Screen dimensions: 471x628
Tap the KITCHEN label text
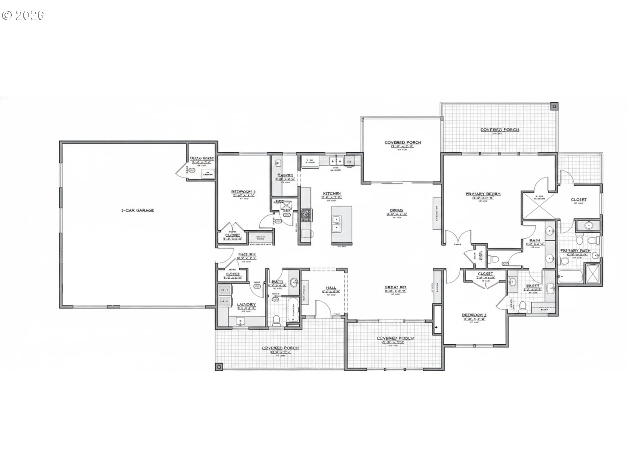(332, 193)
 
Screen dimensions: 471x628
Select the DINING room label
(396, 211)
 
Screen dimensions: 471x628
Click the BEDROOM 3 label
(243, 191)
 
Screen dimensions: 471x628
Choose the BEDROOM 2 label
(474, 315)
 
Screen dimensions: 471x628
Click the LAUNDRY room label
(246, 305)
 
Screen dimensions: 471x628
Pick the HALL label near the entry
(331, 287)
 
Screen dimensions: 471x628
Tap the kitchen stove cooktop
(306, 215)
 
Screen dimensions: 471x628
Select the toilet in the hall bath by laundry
(276, 319)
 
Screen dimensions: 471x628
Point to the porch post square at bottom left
(219, 367)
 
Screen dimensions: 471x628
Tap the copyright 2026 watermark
(23, 16)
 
